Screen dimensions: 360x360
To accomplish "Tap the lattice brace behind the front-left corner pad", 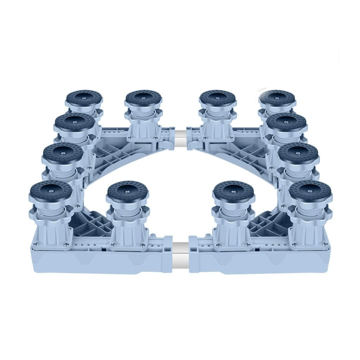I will (x=90, y=221).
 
